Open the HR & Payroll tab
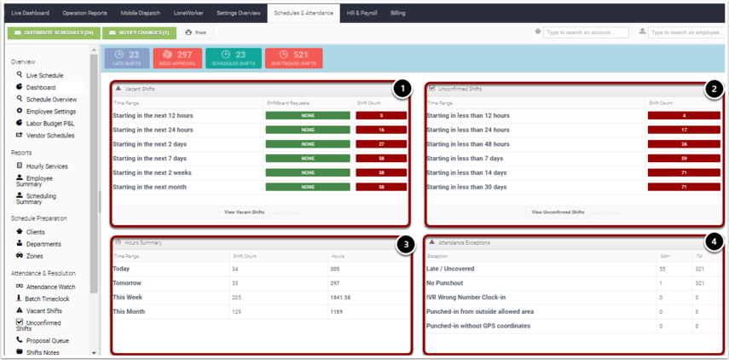[362, 14]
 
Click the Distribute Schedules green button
[54, 32]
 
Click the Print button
[195, 32]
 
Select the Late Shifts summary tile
[127, 58]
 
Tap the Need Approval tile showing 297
[177, 58]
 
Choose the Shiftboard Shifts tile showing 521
[293, 58]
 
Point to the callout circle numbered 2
[715, 89]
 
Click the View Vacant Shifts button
[244, 212]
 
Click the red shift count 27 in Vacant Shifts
[381, 144]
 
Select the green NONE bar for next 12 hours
[308, 115]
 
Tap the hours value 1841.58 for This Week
[340, 298]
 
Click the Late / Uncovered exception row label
[450, 269]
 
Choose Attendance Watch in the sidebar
[50, 287]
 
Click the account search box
[586, 32]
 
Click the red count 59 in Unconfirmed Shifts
[684, 159]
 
